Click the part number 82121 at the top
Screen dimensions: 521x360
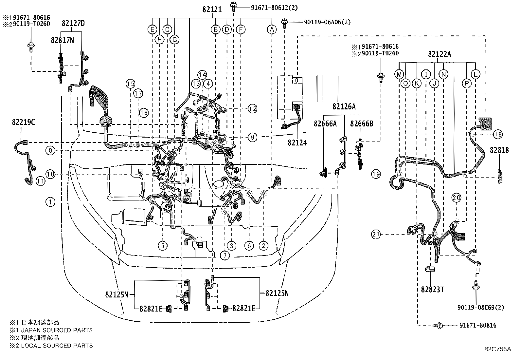[212, 9]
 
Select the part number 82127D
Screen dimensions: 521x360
[73, 23]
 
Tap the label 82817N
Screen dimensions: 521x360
[62, 40]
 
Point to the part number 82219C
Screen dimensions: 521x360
[24, 122]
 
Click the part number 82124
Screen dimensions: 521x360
[297, 142]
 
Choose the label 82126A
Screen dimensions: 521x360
[344, 107]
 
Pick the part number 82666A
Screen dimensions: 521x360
[325, 123]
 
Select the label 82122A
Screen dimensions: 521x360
[440, 54]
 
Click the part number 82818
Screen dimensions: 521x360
[499, 150]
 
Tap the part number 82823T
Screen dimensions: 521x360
[432, 290]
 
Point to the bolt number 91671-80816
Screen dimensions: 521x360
[478, 325]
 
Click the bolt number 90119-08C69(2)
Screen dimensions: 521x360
[481, 307]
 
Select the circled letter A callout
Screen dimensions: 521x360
[272, 29]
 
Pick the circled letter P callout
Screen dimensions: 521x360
[466, 83]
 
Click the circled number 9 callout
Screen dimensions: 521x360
[253, 137]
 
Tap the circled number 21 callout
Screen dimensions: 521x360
[376, 234]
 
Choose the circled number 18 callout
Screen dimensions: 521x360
[498, 134]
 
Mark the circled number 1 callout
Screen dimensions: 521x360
[50, 202]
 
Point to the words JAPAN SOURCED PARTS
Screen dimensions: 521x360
[57, 330]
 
